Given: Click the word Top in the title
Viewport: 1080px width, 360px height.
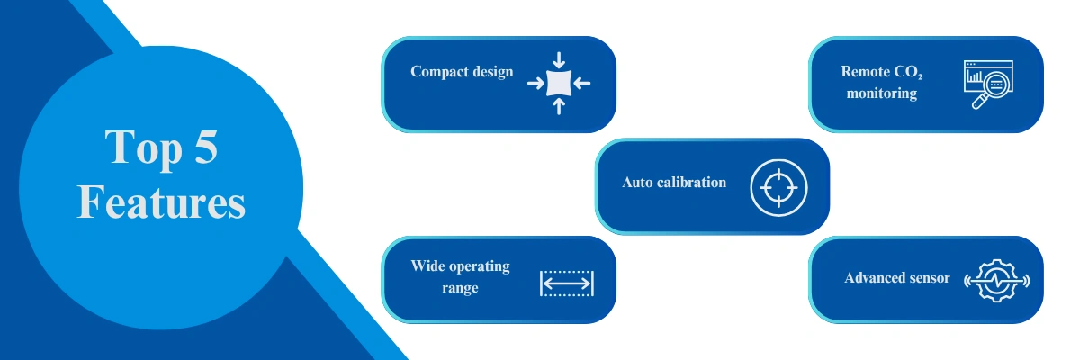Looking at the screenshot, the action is point(143,148).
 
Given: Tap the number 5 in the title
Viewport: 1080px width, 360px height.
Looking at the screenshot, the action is point(206,147).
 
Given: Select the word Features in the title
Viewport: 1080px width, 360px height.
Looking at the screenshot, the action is point(161,202).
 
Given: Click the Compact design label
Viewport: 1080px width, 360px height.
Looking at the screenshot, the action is point(462,72).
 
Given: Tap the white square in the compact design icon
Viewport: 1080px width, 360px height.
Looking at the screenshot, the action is point(559,84).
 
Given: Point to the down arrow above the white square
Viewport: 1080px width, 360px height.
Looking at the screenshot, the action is point(559,60).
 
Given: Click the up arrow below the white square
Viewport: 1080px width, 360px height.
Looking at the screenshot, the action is point(559,106).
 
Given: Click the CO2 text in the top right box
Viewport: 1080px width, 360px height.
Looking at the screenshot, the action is point(908,72).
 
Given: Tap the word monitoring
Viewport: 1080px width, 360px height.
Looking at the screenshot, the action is point(882,93).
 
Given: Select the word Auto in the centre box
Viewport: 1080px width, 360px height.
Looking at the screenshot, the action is point(637,182).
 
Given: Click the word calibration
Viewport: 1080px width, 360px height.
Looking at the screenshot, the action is point(691,182).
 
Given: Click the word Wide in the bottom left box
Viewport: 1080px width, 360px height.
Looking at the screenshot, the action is point(425,265).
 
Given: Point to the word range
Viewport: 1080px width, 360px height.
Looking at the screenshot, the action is point(460,288).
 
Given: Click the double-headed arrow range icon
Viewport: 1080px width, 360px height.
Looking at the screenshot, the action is point(567,283).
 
